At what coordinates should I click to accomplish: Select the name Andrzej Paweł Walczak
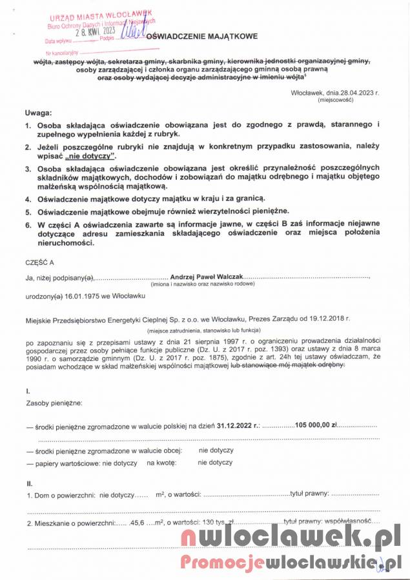206,276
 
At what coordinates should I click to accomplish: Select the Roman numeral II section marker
29,483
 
